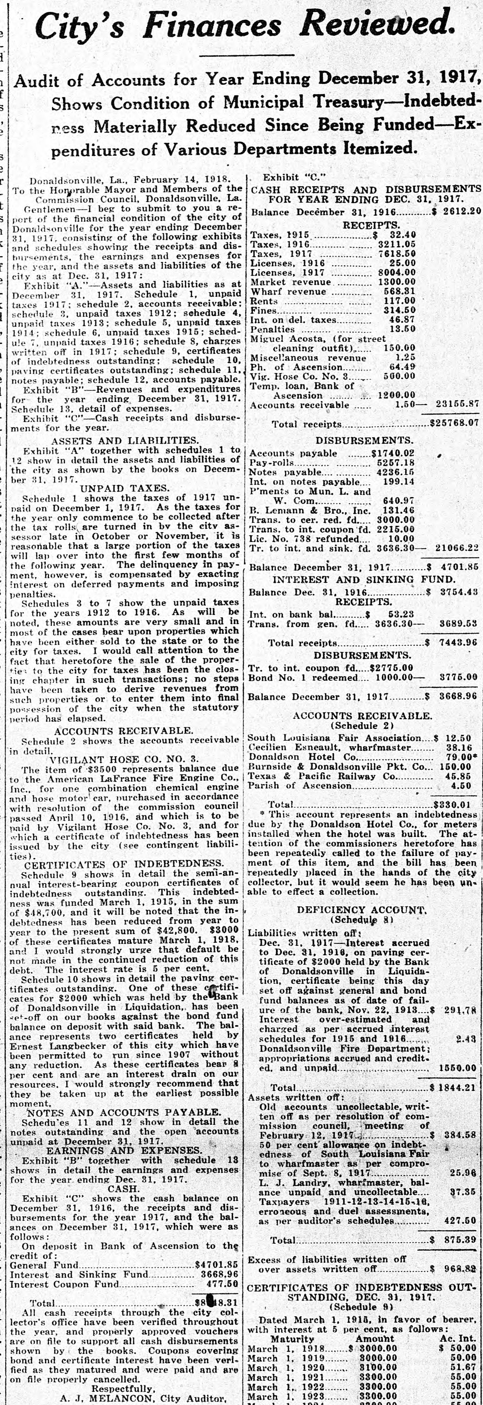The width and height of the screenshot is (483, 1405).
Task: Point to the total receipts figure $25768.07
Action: pos(454,423)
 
